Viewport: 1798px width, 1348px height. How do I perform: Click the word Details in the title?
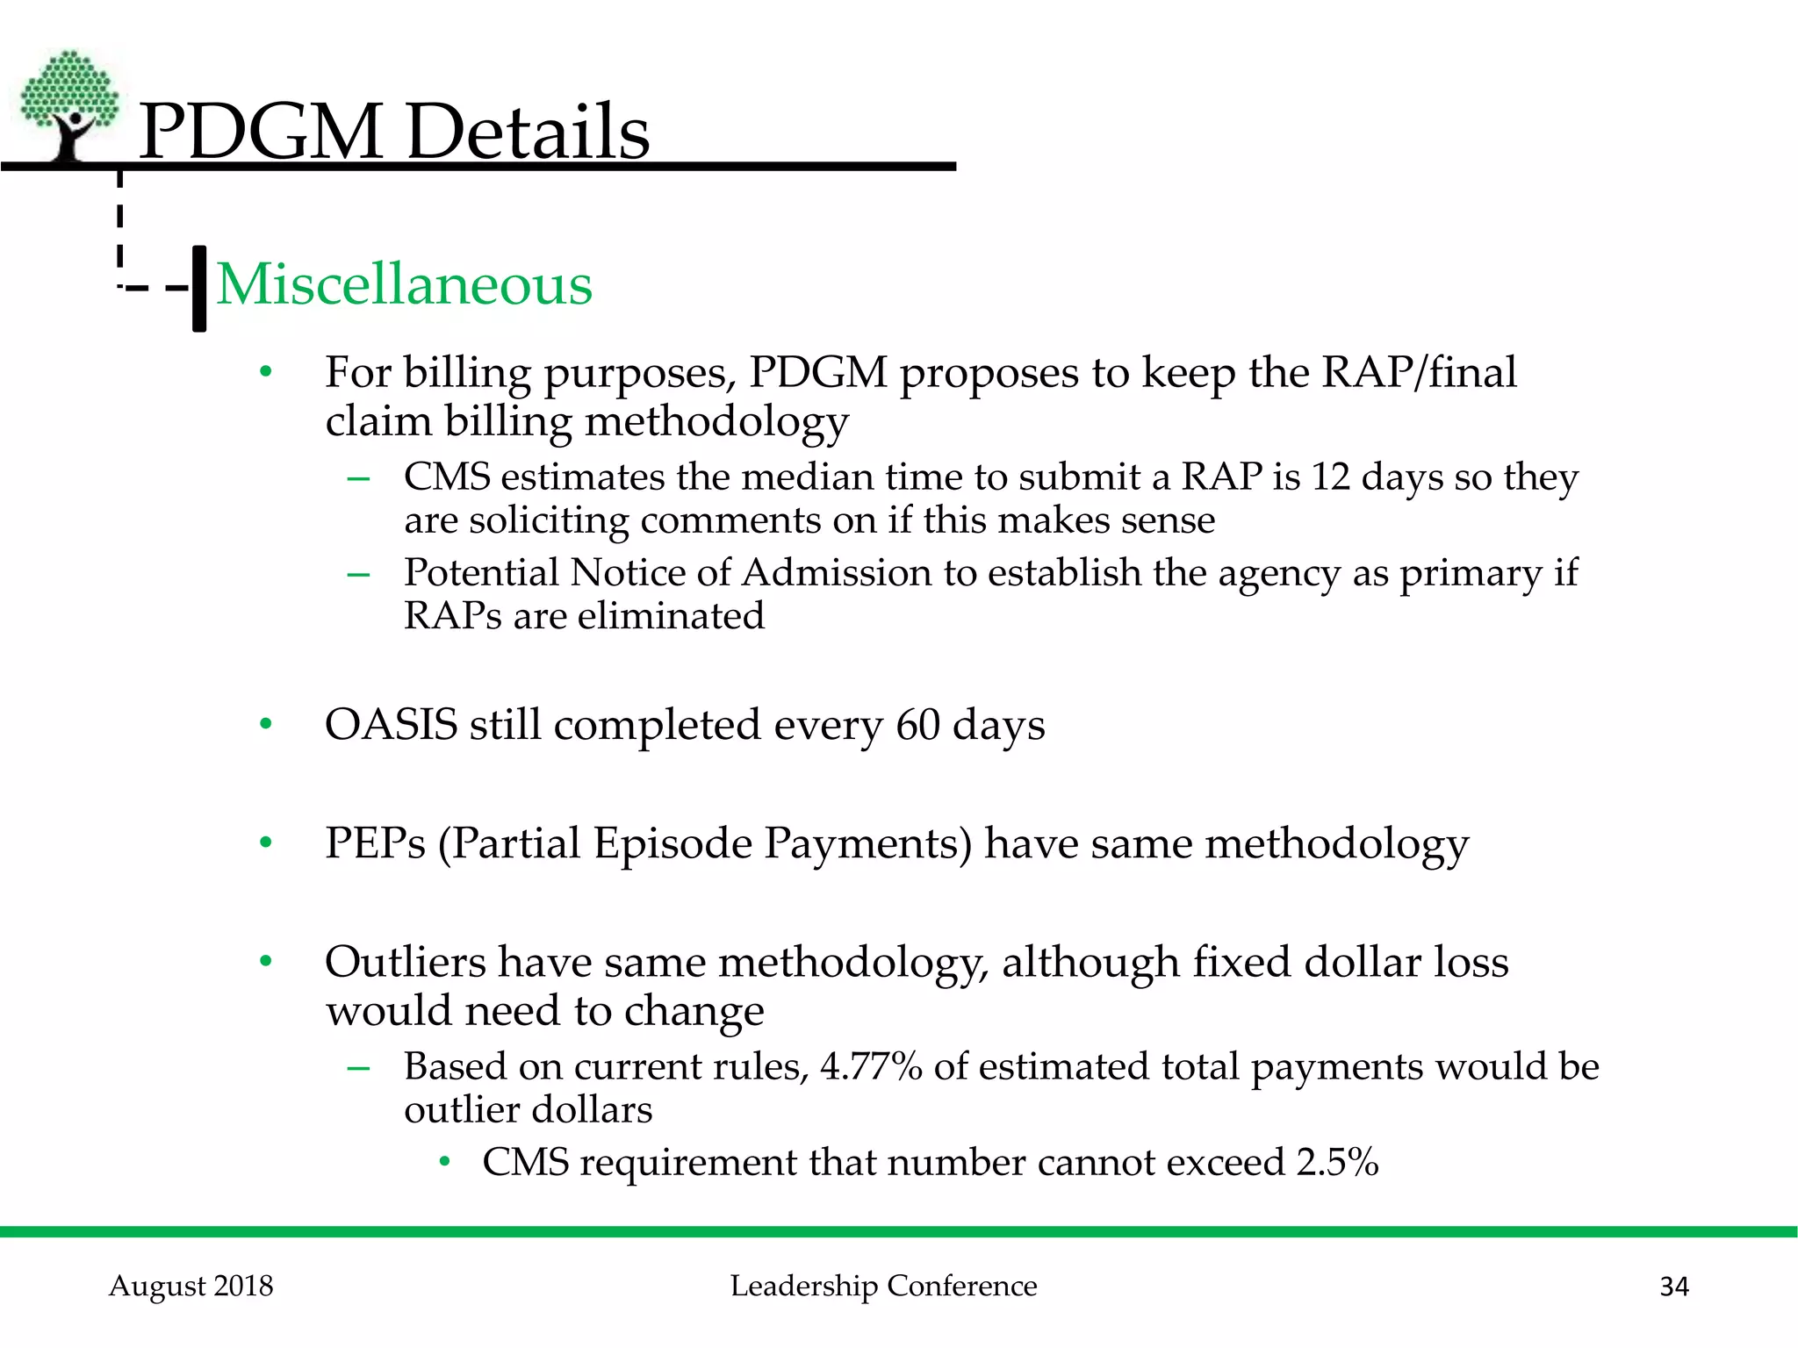[x=528, y=132]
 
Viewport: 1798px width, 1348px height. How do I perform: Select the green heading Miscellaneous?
[x=405, y=285]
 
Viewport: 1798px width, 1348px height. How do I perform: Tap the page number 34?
[x=1674, y=1287]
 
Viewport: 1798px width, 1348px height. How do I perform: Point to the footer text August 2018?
[x=191, y=1286]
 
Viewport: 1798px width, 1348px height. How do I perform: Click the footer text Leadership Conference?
[x=883, y=1286]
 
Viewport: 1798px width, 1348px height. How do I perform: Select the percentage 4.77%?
[x=871, y=1066]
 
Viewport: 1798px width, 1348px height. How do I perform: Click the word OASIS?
[x=392, y=725]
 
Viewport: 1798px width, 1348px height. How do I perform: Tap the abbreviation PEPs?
[x=375, y=843]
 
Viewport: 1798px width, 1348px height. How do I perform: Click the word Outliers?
[x=405, y=962]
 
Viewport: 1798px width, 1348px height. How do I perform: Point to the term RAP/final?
[x=1419, y=372]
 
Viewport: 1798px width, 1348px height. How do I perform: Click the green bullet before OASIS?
[x=266, y=725]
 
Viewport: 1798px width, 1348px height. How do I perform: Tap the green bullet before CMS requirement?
[x=445, y=1163]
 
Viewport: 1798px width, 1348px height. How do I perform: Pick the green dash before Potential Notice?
[x=358, y=575]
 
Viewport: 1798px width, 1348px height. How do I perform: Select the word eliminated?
[x=671, y=616]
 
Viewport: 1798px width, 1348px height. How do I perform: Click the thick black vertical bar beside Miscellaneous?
[x=199, y=289]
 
